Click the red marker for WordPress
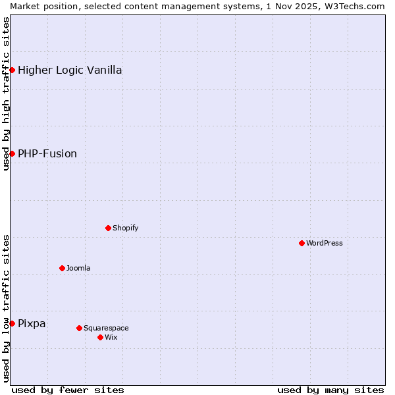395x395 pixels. coord(302,243)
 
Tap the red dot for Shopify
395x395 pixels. coord(108,228)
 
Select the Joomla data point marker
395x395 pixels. coord(62,268)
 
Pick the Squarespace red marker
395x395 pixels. coord(79,328)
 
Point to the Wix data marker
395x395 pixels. coord(100,337)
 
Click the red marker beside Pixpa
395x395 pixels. coord(12,323)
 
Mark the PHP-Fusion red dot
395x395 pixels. coord(12,153)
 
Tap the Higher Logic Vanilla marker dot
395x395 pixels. coord(12,70)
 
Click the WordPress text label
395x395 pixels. coord(325,243)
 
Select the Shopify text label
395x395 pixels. coord(125,228)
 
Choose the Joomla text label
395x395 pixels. coord(78,268)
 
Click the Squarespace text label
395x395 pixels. coord(106,328)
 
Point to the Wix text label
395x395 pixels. coord(111,337)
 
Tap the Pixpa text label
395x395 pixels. coord(32,323)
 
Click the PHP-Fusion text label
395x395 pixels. coord(47,153)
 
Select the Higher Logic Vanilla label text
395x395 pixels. coord(70,70)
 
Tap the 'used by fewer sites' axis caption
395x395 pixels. coord(68,390)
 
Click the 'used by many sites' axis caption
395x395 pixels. coord(330,390)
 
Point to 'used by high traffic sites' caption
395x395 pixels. coord(6,93)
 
